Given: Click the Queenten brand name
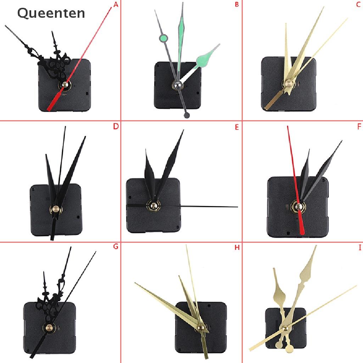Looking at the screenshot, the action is (51, 13).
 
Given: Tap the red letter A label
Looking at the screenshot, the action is (116, 4).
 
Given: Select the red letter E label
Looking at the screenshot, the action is (236, 127).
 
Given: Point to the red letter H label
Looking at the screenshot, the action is (237, 247).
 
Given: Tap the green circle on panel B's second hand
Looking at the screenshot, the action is (163, 38).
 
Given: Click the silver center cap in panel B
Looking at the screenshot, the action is (177, 85).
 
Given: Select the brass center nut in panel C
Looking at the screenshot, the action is (288, 83).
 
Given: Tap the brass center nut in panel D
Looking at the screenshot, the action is (56, 209).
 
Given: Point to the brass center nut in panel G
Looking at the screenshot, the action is (49, 328).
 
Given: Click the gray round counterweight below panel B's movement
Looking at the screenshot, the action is (186, 115).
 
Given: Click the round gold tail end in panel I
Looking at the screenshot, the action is (289, 349).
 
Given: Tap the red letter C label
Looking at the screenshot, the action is (358, 4).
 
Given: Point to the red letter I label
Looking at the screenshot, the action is (360, 247).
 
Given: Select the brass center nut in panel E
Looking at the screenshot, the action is (153, 205).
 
